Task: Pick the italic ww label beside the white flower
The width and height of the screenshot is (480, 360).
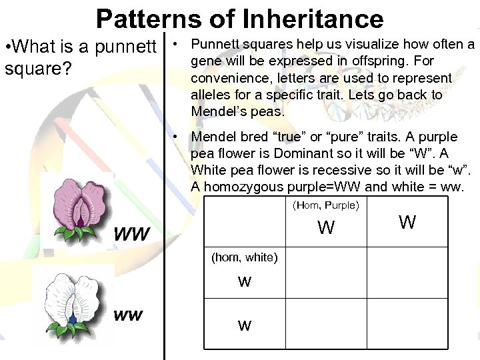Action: click(x=128, y=315)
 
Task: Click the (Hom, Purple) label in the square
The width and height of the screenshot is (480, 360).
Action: click(x=326, y=205)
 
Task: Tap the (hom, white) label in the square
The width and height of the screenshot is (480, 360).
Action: click(x=244, y=257)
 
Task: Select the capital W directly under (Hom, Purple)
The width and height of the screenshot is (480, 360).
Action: click(x=326, y=229)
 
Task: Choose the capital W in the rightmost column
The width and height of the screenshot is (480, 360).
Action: click(x=407, y=223)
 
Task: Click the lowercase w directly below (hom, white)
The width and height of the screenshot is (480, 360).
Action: click(x=245, y=281)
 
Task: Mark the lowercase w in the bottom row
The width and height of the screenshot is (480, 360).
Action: click(x=245, y=325)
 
